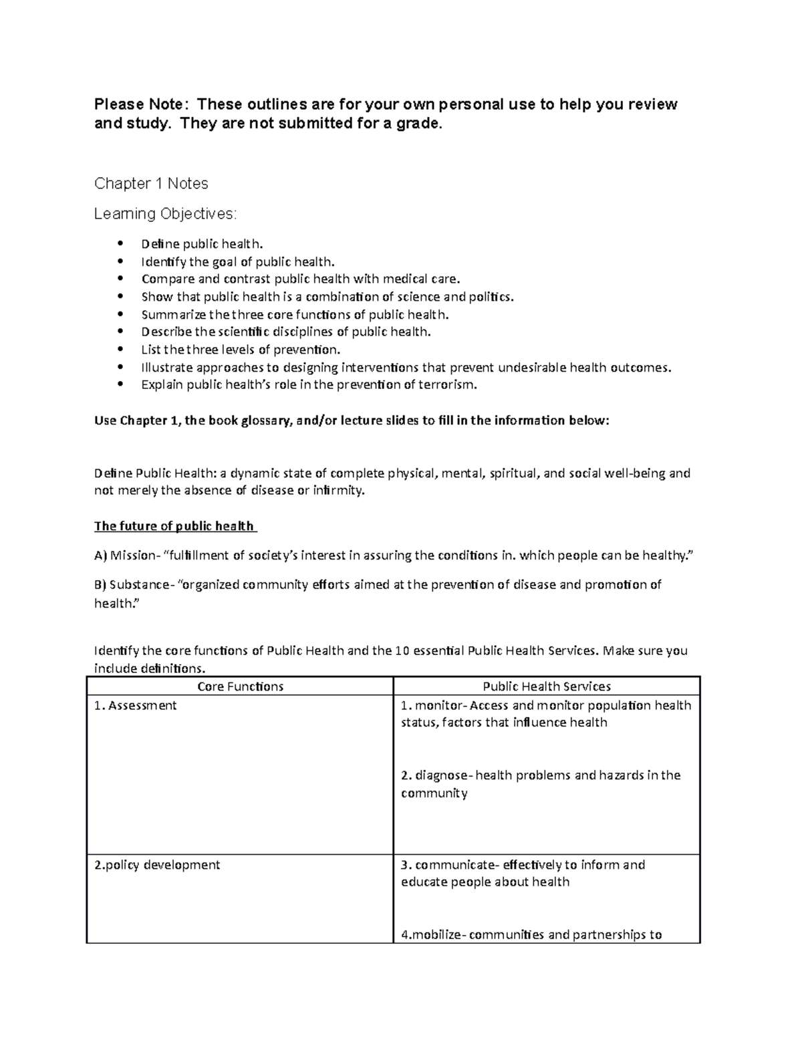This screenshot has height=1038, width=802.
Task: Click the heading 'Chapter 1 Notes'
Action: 151,183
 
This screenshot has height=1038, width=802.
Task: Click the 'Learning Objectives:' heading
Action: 165,214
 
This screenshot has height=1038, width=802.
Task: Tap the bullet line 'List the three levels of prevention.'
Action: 241,350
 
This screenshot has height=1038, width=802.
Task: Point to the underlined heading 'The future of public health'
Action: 174,526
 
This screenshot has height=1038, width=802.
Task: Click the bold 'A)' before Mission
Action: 100,555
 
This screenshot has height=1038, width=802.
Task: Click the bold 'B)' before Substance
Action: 100,585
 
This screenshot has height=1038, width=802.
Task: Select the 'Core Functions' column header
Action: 240,686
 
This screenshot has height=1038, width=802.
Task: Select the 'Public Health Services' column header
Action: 546,686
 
